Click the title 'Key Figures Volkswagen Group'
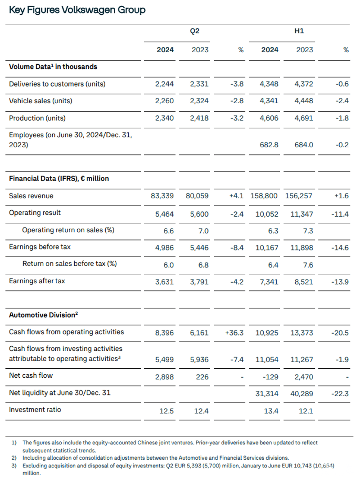pyautogui.click(x=77, y=10)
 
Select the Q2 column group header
pyautogui.click(x=194, y=31)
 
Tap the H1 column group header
pyautogui.click(x=299, y=31)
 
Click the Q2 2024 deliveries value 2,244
pyautogui.click(x=165, y=84)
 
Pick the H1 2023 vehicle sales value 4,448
pyautogui.click(x=304, y=101)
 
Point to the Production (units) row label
pyautogui.click(x=37, y=118)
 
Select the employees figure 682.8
pyautogui.click(x=269, y=145)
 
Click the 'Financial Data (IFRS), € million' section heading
pyautogui.click(x=59, y=178)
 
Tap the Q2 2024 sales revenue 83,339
pyautogui.click(x=162, y=195)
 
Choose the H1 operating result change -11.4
pyautogui.click(x=340, y=214)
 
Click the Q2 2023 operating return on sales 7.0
pyautogui.click(x=203, y=231)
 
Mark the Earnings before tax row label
pyautogui.click(x=40, y=247)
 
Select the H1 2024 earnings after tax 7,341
pyautogui.click(x=269, y=282)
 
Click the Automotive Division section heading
pyautogui.click(x=44, y=315)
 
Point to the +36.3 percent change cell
pyautogui.click(x=234, y=333)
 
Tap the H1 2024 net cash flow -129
pyautogui.click(x=271, y=377)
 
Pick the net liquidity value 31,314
pyautogui.click(x=267, y=394)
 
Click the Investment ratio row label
pyautogui.click(x=35, y=410)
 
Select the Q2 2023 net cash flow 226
pyautogui.click(x=202, y=377)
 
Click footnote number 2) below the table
pyautogui.click(x=14, y=458)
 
